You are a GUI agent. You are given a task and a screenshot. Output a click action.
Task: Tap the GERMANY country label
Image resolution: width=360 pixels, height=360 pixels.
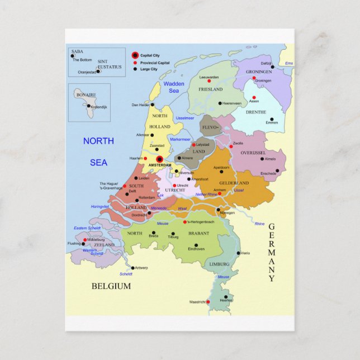(272, 252)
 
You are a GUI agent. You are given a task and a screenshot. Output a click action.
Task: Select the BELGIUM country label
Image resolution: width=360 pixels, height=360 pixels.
(111, 286)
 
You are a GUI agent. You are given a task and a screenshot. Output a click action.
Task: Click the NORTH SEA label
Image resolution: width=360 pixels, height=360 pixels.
(98, 151)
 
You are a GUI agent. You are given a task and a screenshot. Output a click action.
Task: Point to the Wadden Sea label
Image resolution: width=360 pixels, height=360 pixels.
(174, 87)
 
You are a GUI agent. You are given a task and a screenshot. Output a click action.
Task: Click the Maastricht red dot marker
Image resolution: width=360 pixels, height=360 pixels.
(208, 302)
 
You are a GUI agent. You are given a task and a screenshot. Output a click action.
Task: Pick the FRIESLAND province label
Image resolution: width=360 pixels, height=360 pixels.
(210, 89)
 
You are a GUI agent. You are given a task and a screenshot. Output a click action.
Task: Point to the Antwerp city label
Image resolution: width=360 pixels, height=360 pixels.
(141, 268)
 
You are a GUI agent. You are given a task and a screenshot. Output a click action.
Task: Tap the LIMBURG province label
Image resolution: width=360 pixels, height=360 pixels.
(219, 264)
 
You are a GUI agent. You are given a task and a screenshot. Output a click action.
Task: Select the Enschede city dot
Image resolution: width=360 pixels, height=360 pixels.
(277, 170)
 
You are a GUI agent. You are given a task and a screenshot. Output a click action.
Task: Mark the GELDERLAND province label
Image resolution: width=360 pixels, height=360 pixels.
(234, 183)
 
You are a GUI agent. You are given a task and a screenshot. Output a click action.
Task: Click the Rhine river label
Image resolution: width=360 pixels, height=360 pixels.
(259, 224)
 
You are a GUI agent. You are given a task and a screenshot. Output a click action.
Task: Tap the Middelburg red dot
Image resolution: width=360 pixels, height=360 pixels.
(84, 240)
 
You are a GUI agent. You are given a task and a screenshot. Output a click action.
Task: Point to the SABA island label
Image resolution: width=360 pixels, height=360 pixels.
(77, 51)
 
